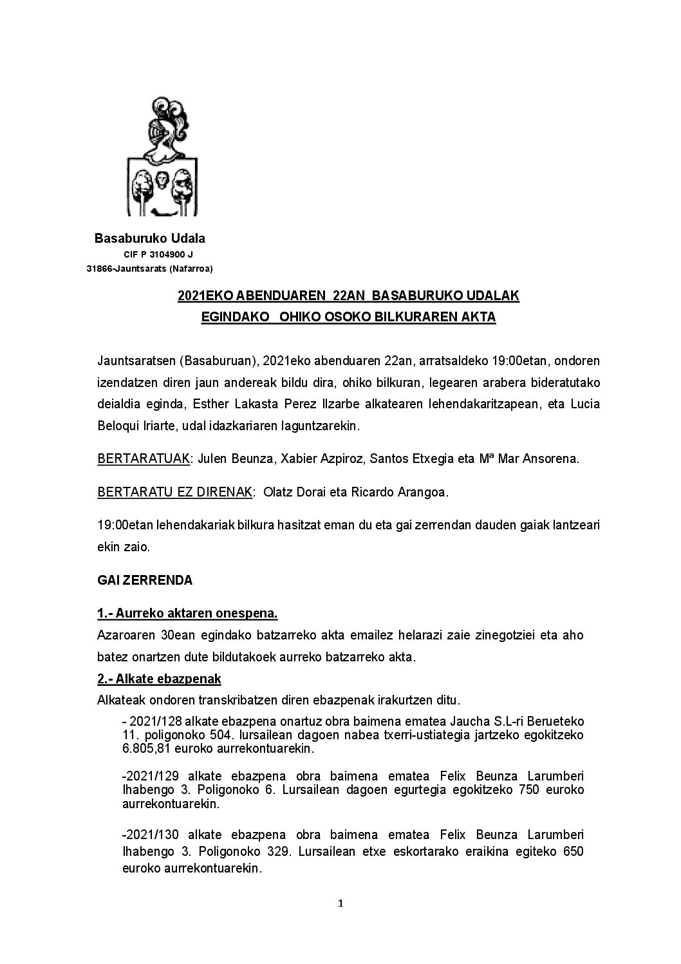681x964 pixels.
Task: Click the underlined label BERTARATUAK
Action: pos(144,459)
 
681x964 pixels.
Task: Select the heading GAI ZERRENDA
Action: pos(145,580)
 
